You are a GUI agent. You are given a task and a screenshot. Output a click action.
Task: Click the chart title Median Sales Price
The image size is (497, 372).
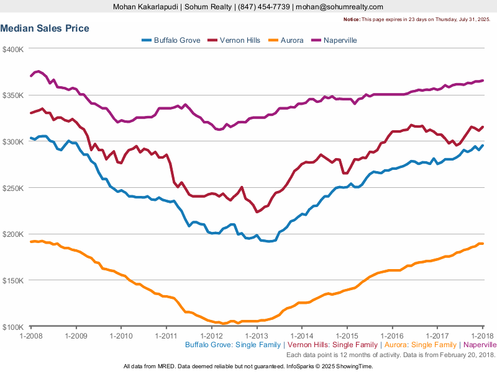[x=45, y=29]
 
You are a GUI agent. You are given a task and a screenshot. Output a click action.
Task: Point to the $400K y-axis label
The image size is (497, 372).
[x=12, y=49]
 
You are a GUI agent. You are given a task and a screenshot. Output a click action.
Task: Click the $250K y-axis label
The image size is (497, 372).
[x=12, y=188]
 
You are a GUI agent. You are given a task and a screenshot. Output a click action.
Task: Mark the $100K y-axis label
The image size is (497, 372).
[x=12, y=327]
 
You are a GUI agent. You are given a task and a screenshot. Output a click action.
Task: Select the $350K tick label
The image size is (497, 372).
[x=12, y=95]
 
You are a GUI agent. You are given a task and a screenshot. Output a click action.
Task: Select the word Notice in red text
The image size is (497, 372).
[x=351, y=19]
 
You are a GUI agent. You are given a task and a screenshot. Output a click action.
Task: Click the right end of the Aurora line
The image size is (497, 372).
[x=483, y=244]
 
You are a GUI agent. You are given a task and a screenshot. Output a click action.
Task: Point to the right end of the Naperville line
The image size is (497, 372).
[x=483, y=81]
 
